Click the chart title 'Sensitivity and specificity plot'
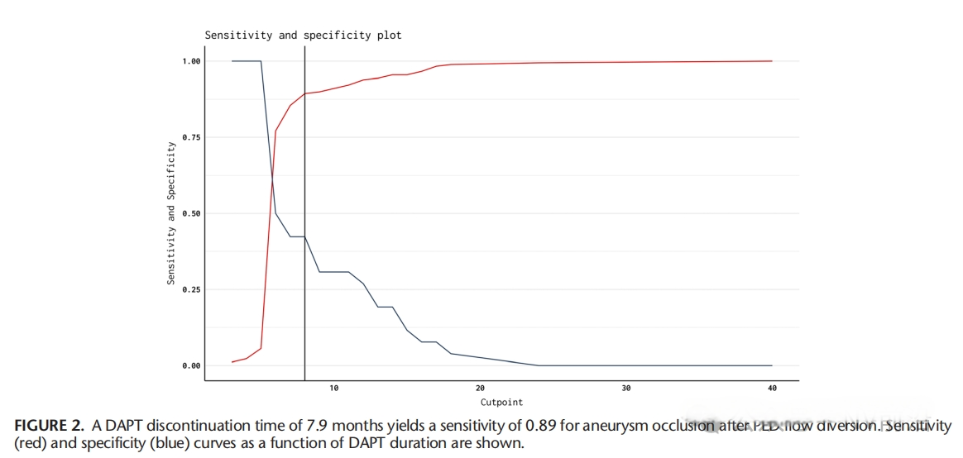[x=303, y=36]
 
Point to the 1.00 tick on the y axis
[x=191, y=61]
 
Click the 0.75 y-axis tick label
[x=191, y=137]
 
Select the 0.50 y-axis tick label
[x=191, y=213]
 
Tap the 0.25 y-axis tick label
[x=191, y=289]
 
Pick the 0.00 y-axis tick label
[x=191, y=365]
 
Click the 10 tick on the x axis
[x=334, y=388]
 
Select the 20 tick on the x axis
[x=480, y=388]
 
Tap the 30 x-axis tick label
[x=625, y=388]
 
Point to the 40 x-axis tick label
[x=771, y=388]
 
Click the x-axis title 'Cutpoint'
[x=501, y=403]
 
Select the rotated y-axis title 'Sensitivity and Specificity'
[x=171, y=213]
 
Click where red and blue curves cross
[x=271, y=176]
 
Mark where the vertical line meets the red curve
[x=305, y=93]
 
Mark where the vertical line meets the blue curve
[x=305, y=237]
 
